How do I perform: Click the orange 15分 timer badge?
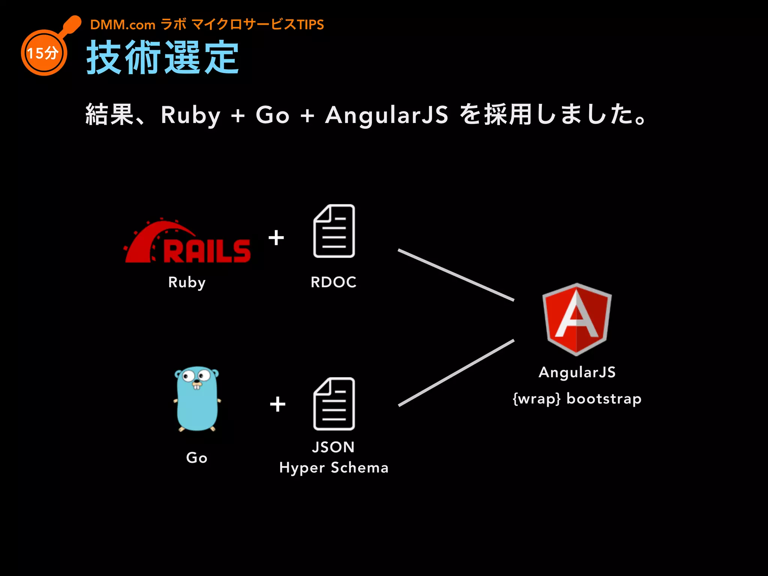pos(44,53)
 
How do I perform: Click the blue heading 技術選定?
pos(163,58)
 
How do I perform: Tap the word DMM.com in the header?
pos(123,25)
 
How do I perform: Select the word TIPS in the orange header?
pos(310,25)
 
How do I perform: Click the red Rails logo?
pos(187,242)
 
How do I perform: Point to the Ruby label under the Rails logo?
pos(187,282)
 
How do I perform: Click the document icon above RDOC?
pos(334,231)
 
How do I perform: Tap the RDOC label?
pos(333,282)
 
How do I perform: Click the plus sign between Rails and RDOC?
pos(276,238)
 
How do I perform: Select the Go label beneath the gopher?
pos(196,457)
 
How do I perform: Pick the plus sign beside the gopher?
pos(277,404)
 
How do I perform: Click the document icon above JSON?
pos(334,403)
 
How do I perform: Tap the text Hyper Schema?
pos(333,468)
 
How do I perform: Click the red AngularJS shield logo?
pos(577,319)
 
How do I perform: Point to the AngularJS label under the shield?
pos(577,372)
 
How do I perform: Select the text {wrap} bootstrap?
pos(577,398)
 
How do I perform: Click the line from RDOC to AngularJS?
pos(456,275)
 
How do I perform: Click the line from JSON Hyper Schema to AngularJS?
pos(456,373)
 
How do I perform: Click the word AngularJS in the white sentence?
pos(387,115)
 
